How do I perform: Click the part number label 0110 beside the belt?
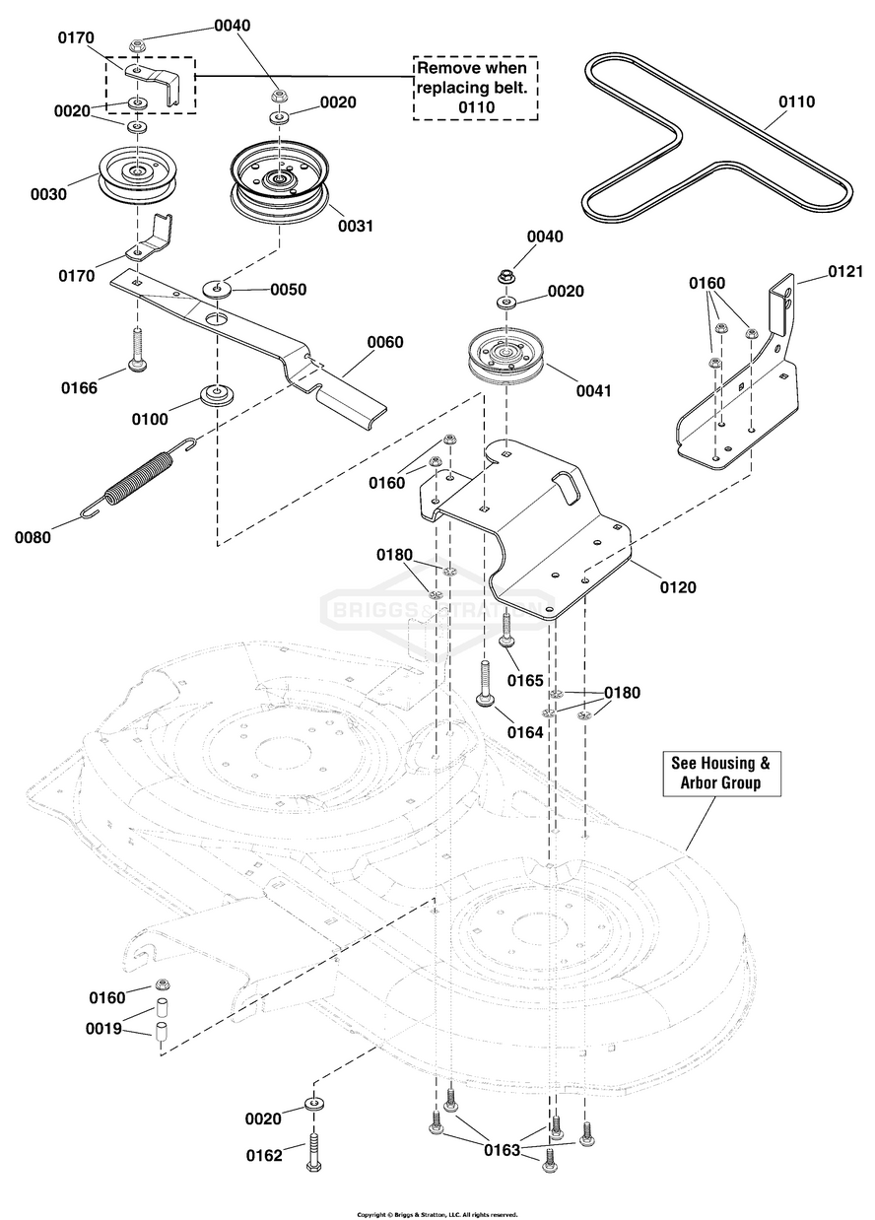(796, 102)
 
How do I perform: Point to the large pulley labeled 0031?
(280, 183)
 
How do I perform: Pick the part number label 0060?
(385, 342)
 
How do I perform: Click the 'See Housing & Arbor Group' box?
(721, 774)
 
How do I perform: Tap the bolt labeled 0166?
(137, 349)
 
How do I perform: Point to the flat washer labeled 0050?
(217, 288)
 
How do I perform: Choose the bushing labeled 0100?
(217, 394)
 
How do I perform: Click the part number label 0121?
(845, 271)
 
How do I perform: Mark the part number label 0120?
(678, 587)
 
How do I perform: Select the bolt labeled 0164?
(485, 684)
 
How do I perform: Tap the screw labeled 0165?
(506, 630)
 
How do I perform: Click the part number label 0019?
(103, 1029)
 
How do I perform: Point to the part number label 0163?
(502, 1150)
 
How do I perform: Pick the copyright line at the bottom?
(437, 1214)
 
